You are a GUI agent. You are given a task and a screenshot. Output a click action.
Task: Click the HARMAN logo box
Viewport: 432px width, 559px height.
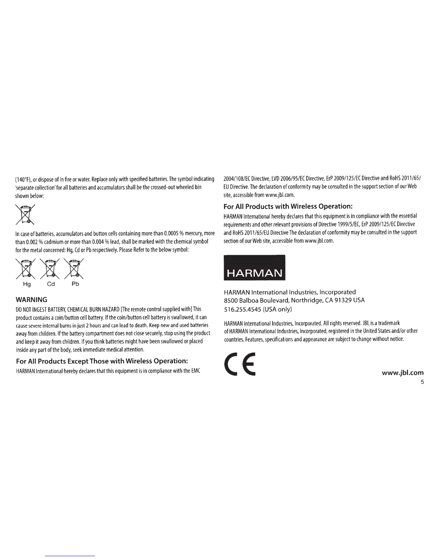tap(254, 267)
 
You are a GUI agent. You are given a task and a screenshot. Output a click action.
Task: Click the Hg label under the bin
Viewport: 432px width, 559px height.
tap(26, 284)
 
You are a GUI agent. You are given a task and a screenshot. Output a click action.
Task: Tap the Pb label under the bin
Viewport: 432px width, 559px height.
tap(75, 284)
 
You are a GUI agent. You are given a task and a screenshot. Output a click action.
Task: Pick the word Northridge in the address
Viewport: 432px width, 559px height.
tap(305, 300)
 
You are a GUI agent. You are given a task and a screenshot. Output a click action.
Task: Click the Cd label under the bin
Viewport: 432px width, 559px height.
tap(51, 284)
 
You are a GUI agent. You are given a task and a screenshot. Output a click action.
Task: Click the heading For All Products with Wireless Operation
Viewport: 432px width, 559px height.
tap(288, 206)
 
